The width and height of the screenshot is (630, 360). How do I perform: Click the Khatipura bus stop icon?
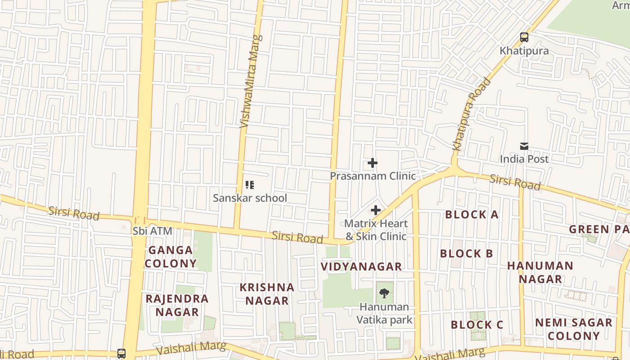point(524,37)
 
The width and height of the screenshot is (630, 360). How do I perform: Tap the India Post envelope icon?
point(524,146)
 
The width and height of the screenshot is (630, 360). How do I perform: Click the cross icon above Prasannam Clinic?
point(372,163)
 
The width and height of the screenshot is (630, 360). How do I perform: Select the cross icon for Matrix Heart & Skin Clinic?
point(376,210)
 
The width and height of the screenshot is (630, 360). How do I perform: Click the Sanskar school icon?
point(250,185)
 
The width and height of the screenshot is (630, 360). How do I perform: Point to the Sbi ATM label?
point(153,231)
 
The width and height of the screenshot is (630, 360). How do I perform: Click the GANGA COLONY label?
point(171,256)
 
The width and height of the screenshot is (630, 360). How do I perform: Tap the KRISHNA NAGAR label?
point(267,294)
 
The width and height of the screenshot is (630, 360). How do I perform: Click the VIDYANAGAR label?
point(361,266)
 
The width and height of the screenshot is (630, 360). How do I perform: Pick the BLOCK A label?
point(472,215)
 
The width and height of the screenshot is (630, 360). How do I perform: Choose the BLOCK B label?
point(467,253)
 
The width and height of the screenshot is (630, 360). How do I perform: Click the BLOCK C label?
point(477,324)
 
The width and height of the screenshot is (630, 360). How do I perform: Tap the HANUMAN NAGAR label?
point(540,272)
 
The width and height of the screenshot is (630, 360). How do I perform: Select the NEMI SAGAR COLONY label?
point(574,329)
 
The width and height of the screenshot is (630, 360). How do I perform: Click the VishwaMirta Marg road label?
point(251,81)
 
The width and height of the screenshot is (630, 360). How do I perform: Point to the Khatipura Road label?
point(472,114)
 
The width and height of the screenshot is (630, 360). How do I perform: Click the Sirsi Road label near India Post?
point(515,182)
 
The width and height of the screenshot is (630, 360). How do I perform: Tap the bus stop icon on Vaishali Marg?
point(121,353)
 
